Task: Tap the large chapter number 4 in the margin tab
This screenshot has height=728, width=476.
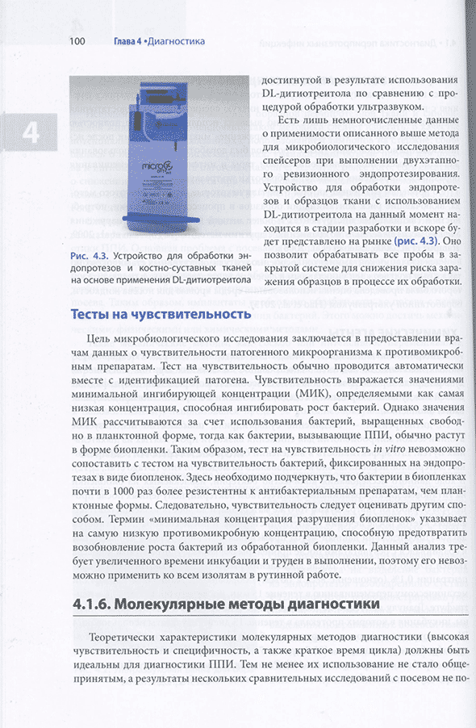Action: point(30,132)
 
